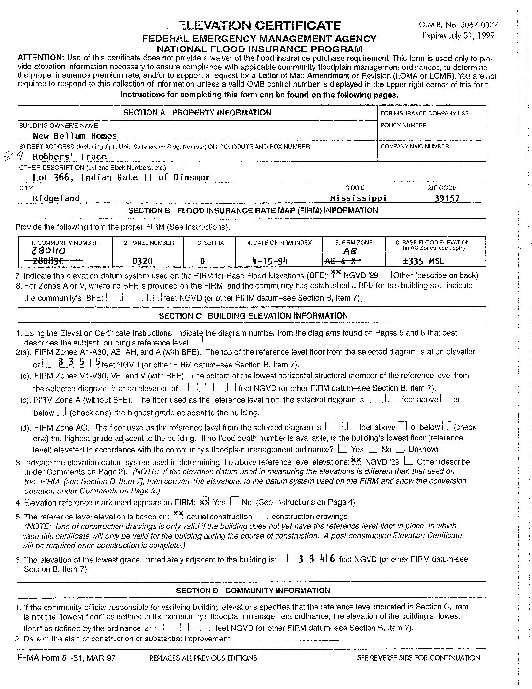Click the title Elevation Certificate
(258, 25)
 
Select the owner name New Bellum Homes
(74, 136)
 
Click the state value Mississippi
(358, 198)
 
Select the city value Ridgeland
(56, 198)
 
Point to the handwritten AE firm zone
(350, 251)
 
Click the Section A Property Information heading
(197, 112)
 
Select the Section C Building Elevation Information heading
(253, 316)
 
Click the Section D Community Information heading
(253, 590)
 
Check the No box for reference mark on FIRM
(234, 501)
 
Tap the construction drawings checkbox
(263, 515)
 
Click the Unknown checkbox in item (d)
(400, 448)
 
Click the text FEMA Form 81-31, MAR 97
(66, 658)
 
